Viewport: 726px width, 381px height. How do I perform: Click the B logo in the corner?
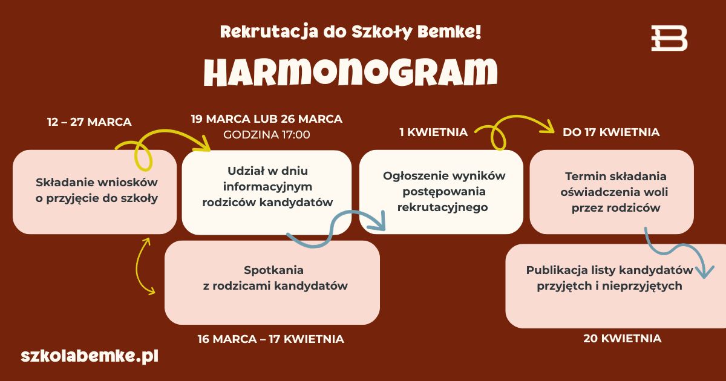(669, 38)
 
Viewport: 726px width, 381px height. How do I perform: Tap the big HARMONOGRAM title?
(351, 72)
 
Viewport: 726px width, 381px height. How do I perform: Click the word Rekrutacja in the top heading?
(269, 32)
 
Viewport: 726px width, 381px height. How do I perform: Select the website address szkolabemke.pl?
(90, 356)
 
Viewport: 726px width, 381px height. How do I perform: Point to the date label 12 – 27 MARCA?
(90, 122)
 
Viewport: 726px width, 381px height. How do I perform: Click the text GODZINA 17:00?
(266, 135)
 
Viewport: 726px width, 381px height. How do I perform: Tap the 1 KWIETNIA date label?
(434, 132)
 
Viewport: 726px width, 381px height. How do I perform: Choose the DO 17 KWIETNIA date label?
(611, 132)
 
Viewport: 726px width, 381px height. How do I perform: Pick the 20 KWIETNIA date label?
(623, 339)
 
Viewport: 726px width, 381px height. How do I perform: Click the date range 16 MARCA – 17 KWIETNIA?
(270, 339)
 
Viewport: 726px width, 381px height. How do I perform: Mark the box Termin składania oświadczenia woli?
(612, 192)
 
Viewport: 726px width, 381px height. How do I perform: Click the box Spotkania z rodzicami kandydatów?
(272, 282)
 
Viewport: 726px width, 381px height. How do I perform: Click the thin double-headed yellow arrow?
(137, 266)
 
